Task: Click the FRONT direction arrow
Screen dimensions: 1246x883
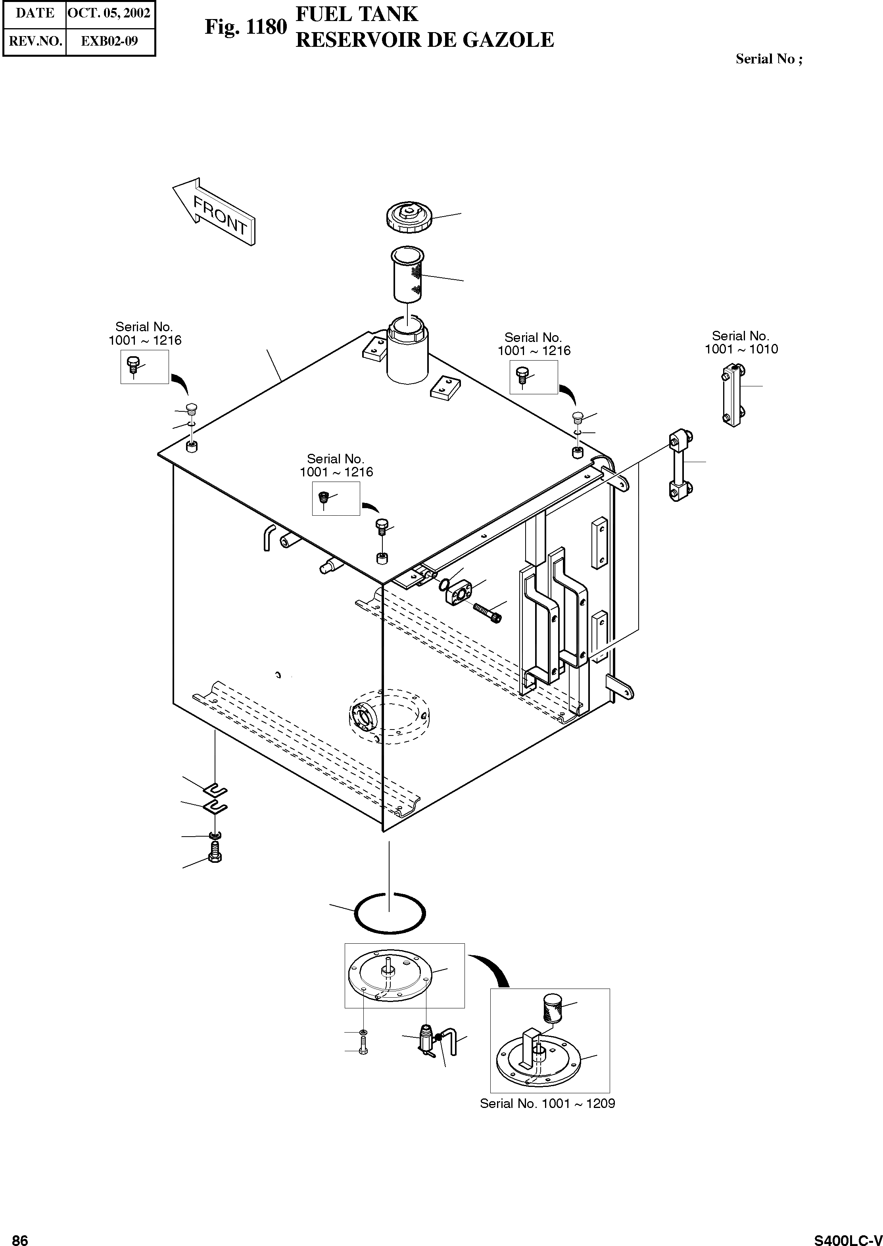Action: (214, 212)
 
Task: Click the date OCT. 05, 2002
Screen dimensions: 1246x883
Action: (109, 13)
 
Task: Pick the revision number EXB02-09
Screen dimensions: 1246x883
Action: (109, 41)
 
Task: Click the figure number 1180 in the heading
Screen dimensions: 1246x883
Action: (266, 27)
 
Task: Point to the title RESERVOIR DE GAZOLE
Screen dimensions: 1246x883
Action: (425, 40)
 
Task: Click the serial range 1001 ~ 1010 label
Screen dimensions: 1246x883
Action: (741, 349)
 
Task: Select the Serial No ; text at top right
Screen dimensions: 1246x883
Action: (769, 59)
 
